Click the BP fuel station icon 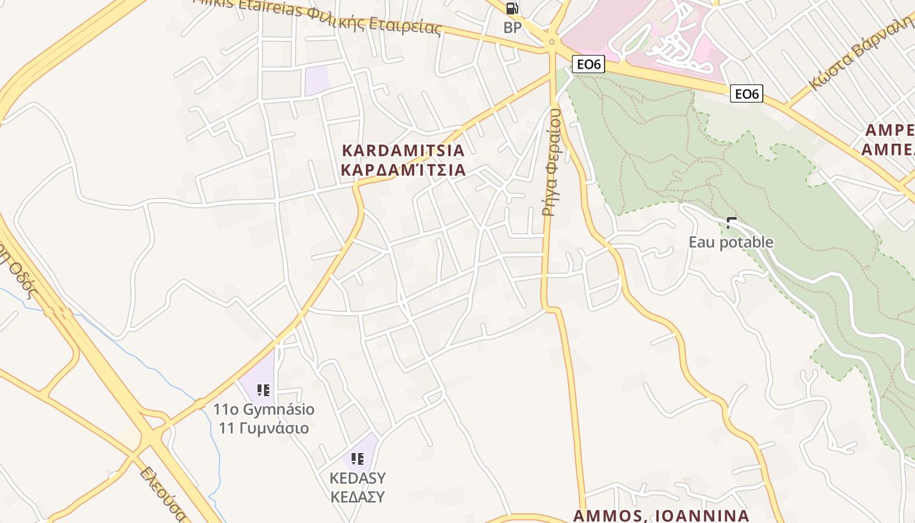point(512,8)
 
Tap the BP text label point(512,27)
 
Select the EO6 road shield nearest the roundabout point(588,64)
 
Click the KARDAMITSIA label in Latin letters point(403,150)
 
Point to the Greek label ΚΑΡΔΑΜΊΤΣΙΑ point(403,170)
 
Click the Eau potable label point(731,243)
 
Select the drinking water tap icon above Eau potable point(731,222)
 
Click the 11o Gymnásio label point(263,410)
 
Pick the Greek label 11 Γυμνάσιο point(263,429)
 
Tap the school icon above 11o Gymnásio point(263,390)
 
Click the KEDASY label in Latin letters point(358,478)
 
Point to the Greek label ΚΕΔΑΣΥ point(358,497)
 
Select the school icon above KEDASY point(357,458)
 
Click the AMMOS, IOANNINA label point(661,516)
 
